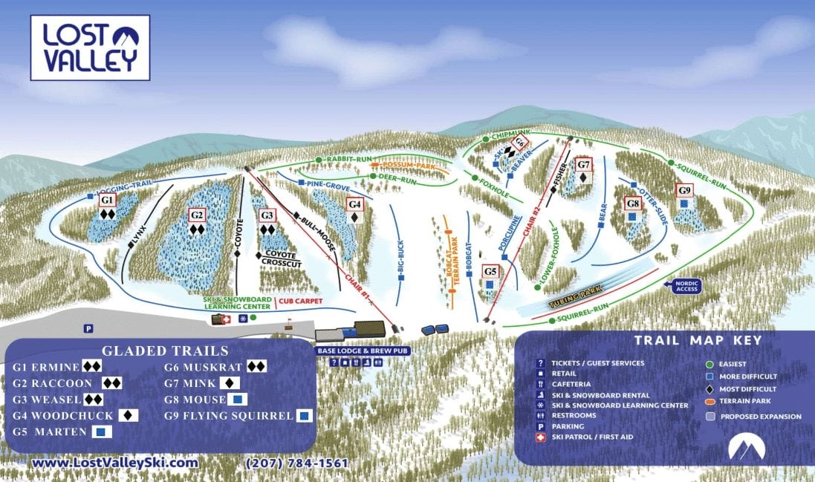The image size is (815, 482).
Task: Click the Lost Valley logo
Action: coord(90,48)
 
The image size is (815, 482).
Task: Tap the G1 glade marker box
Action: coord(107,201)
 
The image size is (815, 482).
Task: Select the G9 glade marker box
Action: coord(684,190)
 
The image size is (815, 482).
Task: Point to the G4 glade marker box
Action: coord(355,203)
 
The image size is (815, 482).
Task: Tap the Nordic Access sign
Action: coord(686,286)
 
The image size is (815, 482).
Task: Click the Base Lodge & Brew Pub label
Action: coord(363,350)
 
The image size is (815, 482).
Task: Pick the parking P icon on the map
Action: coord(88,328)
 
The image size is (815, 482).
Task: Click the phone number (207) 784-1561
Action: coord(296,463)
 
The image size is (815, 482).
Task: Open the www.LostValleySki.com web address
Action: coord(116,463)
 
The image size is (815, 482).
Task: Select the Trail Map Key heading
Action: coord(698,341)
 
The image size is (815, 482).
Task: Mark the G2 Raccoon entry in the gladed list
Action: coord(67,383)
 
